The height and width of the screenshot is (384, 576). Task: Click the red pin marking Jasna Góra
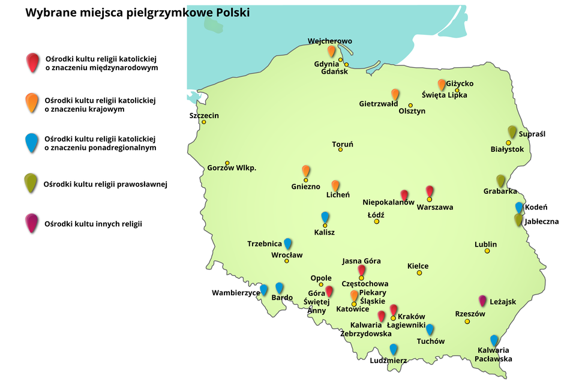(x=361, y=270)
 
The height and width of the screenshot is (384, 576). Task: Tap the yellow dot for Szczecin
(x=204, y=122)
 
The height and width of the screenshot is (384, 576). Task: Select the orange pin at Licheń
(x=335, y=185)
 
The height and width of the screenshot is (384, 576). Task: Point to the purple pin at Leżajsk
(x=482, y=300)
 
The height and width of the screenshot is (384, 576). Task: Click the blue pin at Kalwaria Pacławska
(x=494, y=340)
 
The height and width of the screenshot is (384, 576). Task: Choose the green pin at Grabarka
(x=501, y=180)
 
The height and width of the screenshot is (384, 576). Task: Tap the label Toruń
(x=343, y=145)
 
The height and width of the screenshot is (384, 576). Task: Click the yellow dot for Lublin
(x=487, y=251)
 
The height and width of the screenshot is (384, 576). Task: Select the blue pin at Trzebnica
(x=288, y=243)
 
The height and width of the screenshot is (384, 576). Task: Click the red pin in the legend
(x=32, y=61)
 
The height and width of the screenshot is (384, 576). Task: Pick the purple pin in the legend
(x=32, y=223)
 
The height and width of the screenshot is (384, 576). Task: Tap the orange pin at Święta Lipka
(x=442, y=85)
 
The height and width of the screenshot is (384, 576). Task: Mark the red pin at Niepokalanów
(x=404, y=195)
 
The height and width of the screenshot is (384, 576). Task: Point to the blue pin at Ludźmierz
(x=394, y=349)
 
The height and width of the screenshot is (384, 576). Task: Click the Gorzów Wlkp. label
(x=232, y=168)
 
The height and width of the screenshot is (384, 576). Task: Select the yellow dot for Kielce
(x=419, y=273)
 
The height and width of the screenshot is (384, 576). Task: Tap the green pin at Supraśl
(x=512, y=131)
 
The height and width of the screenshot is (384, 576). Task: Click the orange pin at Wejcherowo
(x=331, y=51)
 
